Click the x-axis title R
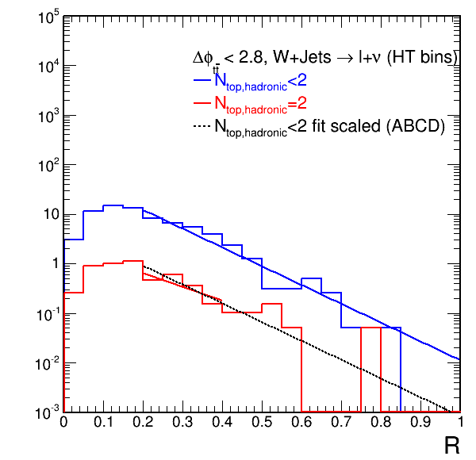point(451,445)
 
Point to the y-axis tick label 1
point(52,264)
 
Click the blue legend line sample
point(202,79)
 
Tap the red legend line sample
point(202,103)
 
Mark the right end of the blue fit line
point(460,359)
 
